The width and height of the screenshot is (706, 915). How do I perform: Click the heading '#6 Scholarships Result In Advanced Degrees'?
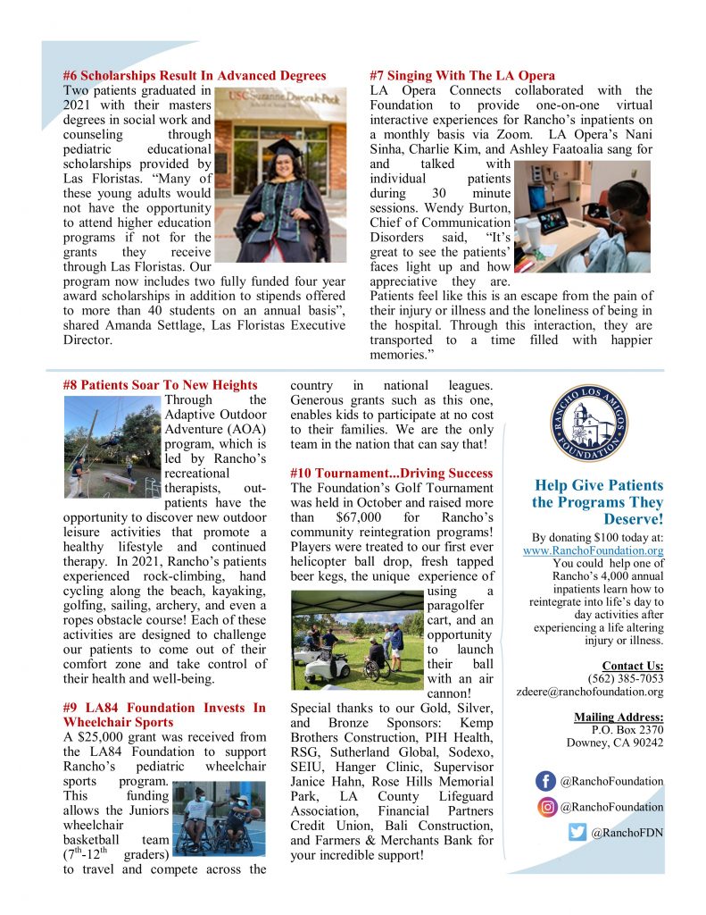click(x=195, y=76)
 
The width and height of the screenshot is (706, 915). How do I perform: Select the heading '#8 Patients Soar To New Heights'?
click(x=161, y=385)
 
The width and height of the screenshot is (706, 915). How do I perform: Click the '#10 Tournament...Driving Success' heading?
click(x=392, y=473)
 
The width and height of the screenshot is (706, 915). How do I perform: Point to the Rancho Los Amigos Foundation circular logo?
click(x=588, y=423)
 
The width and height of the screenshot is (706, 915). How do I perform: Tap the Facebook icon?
click(x=545, y=781)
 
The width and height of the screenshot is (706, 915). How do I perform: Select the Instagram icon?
click(x=545, y=807)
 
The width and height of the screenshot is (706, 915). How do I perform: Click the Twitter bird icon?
click(x=577, y=833)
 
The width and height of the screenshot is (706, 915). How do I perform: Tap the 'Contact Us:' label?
click(x=632, y=665)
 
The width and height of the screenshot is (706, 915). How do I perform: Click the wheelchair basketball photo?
click(x=218, y=818)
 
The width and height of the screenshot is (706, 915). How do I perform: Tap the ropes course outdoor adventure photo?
click(x=112, y=447)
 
